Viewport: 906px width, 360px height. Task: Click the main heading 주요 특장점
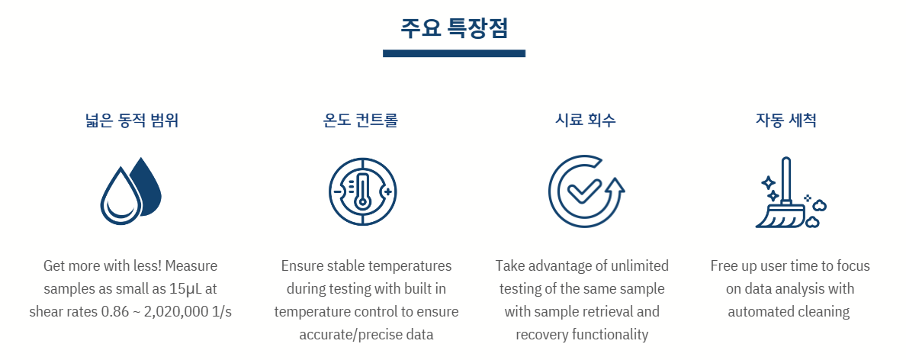tap(455, 28)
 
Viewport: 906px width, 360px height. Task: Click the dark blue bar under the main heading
tap(455, 53)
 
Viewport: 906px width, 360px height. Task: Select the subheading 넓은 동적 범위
tap(130, 121)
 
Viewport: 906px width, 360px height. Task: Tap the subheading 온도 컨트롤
tap(361, 121)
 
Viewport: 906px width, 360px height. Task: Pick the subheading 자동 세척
tap(786, 121)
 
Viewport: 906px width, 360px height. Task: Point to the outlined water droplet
tap(120, 196)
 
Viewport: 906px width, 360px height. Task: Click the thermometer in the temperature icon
tap(363, 191)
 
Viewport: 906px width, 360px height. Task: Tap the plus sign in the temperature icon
tap(387, 191)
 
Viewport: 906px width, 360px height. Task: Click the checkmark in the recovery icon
tap(584, 191)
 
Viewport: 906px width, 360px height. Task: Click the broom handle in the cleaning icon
tap(786, 179)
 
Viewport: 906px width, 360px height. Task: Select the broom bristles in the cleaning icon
tap(777, 216)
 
